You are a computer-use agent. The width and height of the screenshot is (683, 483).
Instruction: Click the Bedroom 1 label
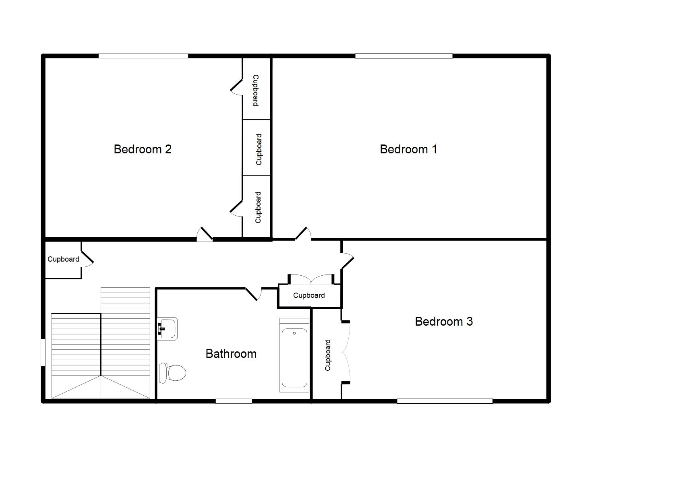point(408,149)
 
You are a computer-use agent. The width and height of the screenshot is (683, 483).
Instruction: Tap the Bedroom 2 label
point(143,149)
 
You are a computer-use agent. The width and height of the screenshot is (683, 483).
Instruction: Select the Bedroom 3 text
point(444,322)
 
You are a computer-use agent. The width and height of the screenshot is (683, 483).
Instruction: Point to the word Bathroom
point(231,354)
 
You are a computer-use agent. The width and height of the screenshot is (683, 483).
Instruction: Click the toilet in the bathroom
point(173,373)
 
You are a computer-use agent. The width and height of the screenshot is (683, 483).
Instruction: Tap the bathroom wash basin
point(168,328)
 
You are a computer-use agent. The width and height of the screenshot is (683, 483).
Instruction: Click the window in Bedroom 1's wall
point(404,56)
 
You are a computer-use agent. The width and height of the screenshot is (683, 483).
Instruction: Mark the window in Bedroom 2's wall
point(143,56)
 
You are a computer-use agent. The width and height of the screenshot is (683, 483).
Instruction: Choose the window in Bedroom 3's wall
point(445,401)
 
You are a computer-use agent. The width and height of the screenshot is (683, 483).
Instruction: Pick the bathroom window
point(234,401)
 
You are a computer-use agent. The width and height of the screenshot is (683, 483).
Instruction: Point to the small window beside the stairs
point(43,352)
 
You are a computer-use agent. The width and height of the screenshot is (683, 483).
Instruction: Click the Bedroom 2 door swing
point(205,234)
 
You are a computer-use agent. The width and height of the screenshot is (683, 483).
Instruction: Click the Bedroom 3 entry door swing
point(347,261)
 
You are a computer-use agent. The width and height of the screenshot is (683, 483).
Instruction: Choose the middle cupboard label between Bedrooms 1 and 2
point(259,149)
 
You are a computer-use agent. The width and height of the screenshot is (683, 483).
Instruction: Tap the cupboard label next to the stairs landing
point(63,259)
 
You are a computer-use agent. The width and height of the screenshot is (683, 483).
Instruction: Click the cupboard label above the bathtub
point(309,295)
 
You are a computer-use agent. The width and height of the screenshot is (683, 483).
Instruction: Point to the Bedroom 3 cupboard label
point(328,355)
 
